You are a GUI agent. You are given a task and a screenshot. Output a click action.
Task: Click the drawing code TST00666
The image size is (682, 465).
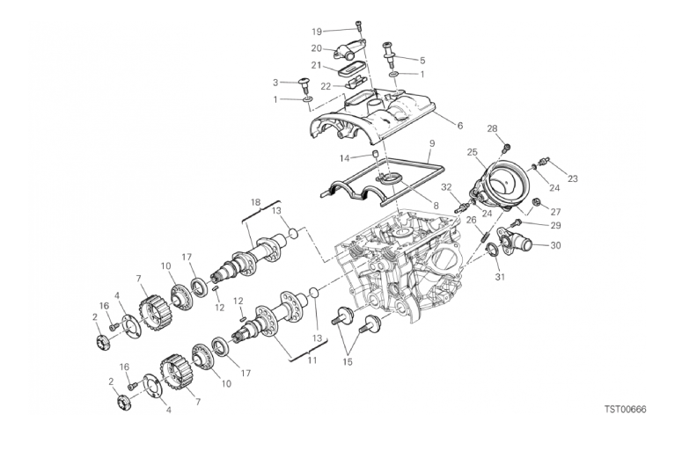point(625,409)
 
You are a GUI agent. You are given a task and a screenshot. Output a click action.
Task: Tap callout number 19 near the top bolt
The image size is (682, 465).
point(317,32)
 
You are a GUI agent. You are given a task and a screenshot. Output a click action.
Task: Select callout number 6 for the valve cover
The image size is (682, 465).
point(460,126)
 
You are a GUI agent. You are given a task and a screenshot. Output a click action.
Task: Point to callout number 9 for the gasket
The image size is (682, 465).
point(431,142)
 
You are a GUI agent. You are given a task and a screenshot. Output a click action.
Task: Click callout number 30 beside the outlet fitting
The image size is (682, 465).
point(555,245)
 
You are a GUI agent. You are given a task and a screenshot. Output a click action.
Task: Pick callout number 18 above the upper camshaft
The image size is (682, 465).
point(255,202)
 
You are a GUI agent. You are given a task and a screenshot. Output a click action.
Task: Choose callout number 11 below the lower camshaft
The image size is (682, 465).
point(312,360)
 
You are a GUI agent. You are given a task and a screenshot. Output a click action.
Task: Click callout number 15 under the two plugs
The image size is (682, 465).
point(348,362)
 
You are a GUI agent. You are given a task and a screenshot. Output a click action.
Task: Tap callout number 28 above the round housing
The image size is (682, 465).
point(492,128)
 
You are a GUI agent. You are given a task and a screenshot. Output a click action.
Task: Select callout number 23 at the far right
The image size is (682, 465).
point(573,178)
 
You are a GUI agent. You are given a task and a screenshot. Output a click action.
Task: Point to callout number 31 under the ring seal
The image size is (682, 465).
point(500,276)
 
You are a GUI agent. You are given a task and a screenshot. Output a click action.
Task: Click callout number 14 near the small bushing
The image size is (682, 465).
point(344,158)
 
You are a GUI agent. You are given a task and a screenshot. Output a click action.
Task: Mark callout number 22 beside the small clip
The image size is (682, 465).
point(326,87)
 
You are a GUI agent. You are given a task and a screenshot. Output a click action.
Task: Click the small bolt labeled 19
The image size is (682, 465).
point(358,26)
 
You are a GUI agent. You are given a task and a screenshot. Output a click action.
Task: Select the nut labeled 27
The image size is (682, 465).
point(537,201)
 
